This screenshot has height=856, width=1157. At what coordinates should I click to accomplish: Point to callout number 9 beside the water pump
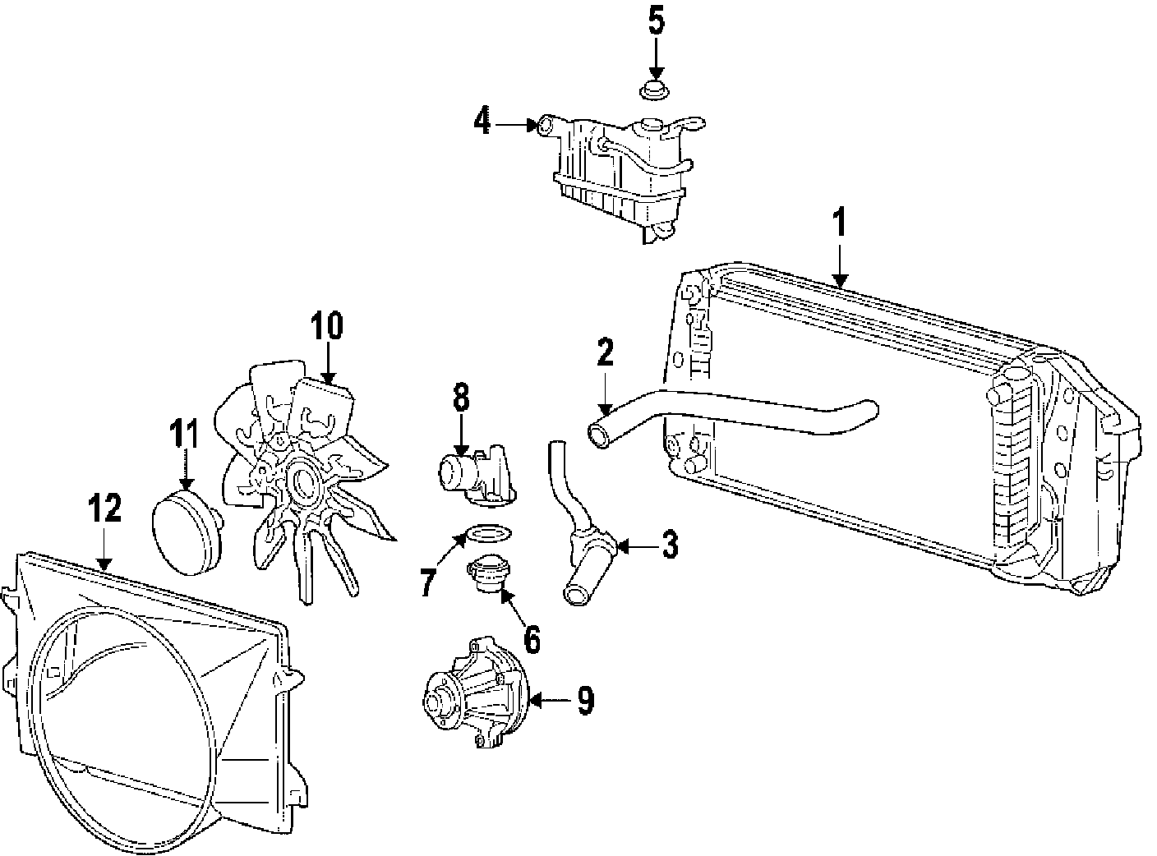pos(585,699)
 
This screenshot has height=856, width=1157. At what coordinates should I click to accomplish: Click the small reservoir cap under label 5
pos(654,90)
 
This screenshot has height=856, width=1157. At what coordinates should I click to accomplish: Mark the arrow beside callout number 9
pos(548,701)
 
